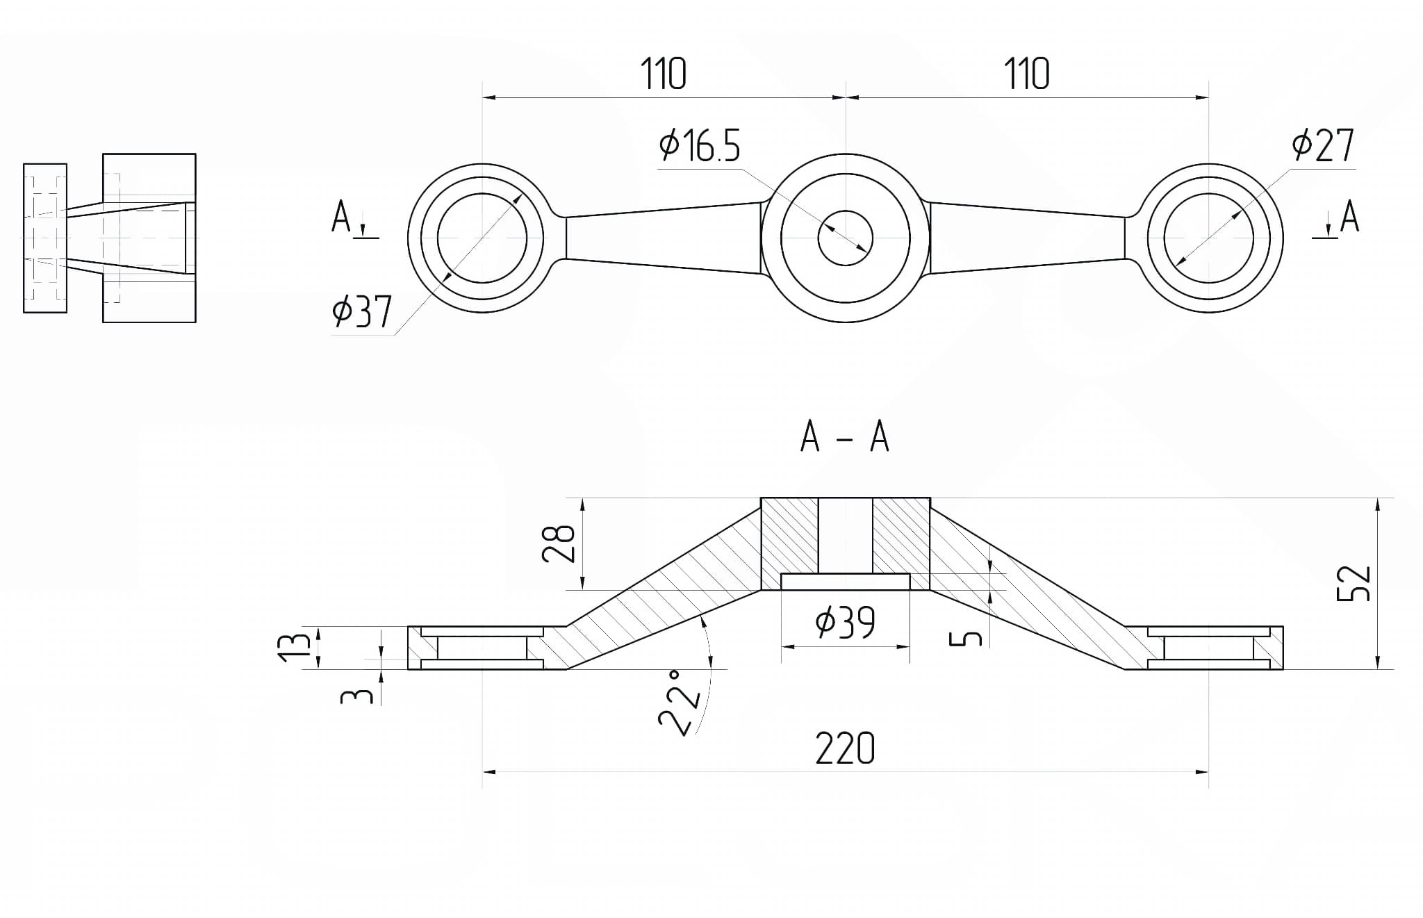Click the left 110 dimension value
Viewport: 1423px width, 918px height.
click(x=663, y=74)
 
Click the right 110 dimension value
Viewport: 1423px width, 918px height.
click(x=1026, y=74)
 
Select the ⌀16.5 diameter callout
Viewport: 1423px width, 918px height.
click(x=700, y=146)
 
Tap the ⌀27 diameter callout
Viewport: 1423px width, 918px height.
click(x=1323, y=145)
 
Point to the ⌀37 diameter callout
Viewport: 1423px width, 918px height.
click(x=362, y=311)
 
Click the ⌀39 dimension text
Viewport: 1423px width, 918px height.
click(x=845, y=621)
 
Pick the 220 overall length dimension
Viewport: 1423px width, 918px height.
click(x=845, y=748)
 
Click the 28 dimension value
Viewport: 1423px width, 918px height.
click(x=559, y=543)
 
